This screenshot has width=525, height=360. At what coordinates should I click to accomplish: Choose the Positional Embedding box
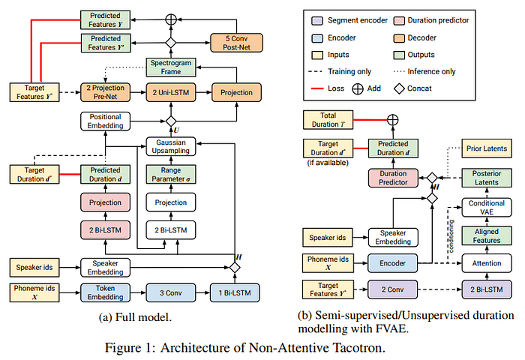click(105, 121)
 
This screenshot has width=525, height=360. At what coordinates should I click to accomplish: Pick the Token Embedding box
click(105, 291)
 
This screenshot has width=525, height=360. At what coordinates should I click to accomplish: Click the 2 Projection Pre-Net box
click(105, 92)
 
